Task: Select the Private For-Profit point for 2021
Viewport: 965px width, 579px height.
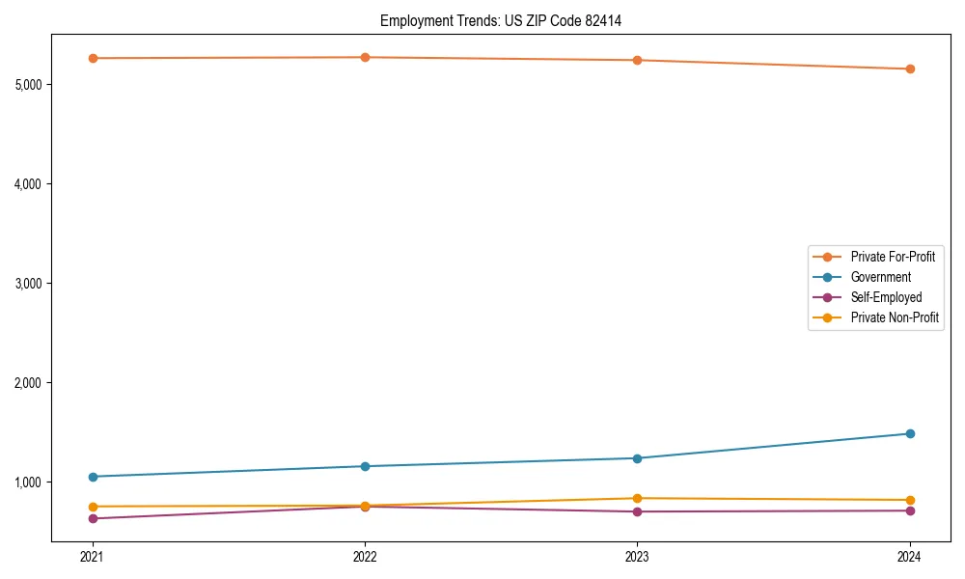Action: click(93, 58)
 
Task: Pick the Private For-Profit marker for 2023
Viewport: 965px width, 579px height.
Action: click(637, 60)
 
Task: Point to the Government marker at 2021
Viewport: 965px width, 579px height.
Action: click(93, 477)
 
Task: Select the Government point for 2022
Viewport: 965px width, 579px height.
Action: click(365, 466)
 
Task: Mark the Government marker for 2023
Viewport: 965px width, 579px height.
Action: click(637, 458)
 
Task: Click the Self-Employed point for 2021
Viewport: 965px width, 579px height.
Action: click(93, 518)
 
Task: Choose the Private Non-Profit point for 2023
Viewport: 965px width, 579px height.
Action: click(637, 498)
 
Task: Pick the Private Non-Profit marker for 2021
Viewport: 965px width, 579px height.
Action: click(93, 507)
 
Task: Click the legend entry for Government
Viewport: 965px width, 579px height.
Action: click(880, 277)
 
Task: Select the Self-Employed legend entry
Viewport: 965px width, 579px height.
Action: click(886, 297)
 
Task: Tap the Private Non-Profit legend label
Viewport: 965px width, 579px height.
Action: click(895, 317)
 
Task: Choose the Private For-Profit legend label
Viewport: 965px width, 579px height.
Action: click(893, 257)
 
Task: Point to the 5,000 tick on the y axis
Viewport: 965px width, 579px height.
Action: click(29, 85)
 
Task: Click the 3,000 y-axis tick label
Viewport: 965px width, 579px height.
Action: click(29, 284)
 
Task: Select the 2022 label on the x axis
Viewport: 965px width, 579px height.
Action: click(365, 556)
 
